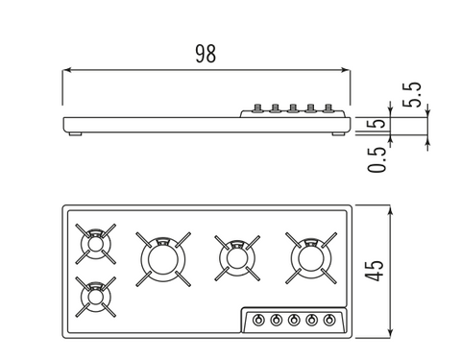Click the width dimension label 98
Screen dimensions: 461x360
tap(206, 54)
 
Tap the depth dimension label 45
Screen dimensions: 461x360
tap(375, 271)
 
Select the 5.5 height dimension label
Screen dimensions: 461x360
tap(412, 95)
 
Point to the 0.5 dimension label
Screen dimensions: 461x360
tap(376, 159)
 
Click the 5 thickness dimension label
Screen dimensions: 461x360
tap(376, 123)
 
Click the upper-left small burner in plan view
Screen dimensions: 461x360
tap(95, 244)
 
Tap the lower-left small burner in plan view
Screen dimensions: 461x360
tap(95, 297)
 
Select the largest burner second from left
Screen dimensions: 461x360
tap(163, 259)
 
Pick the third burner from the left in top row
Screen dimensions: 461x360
tap(237, 258)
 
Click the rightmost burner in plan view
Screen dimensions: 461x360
tap(311, 258)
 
